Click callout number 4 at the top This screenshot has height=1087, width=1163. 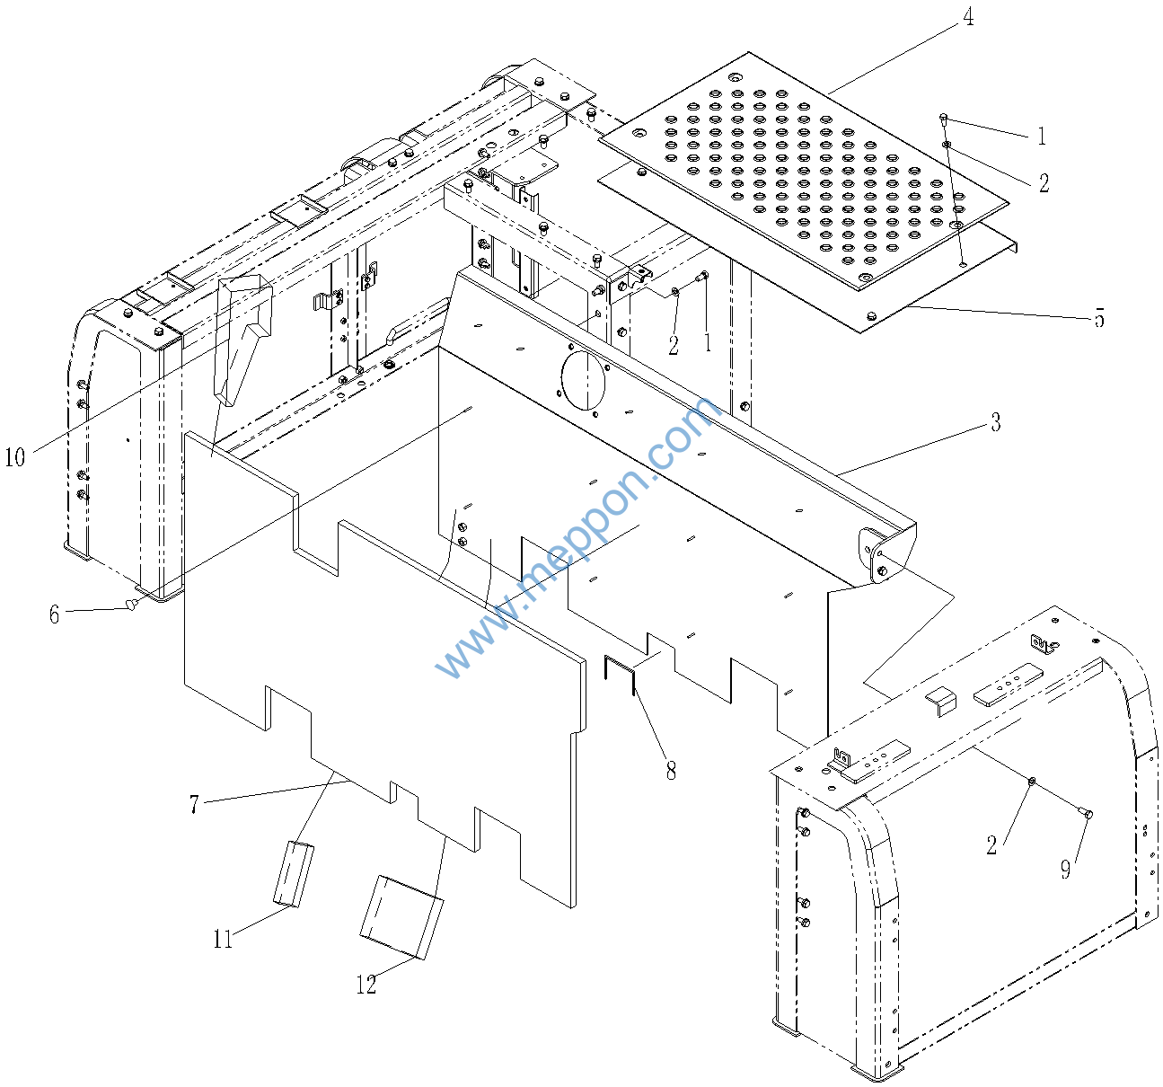[967, 17]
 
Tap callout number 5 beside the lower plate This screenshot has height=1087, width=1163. [1098, 319]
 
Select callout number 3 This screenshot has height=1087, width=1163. [995, 422]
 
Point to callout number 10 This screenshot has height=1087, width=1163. [14, 457]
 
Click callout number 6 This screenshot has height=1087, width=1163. [54, 614]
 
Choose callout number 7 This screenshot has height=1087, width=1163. [194, 804]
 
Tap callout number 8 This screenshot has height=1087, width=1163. [671, 770]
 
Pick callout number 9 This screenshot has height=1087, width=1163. [1065, 869]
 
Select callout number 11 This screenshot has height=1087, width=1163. [223, 939]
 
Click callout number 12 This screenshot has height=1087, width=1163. [366, 985]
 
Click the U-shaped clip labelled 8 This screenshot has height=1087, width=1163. [620, 675]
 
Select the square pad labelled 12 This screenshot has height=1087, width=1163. [401, 917]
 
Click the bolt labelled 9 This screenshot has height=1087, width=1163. [1087, 814]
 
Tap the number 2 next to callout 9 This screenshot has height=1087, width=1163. [991, 844]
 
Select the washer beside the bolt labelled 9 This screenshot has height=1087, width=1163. [1033, 782]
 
